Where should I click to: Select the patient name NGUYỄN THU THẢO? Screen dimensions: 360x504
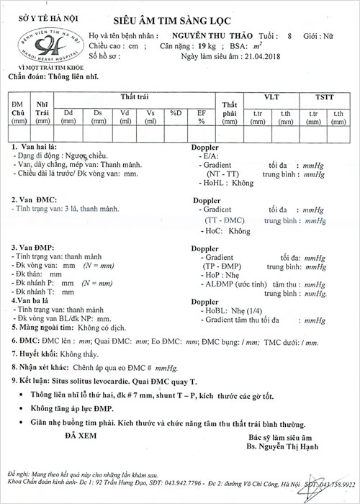[x=220, y=34]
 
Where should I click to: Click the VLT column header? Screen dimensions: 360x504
[x=271, y=96]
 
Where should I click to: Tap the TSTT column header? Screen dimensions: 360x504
[x=323, y=96]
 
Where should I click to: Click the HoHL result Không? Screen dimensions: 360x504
[x=239, y=183]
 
